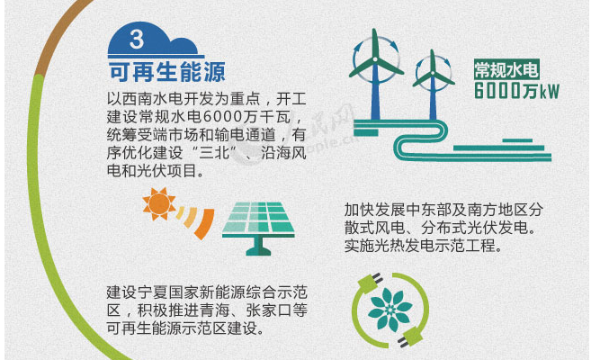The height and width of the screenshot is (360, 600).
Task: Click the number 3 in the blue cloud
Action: [137, 39]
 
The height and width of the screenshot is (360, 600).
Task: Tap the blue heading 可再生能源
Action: [166, 71]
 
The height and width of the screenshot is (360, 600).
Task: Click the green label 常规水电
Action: [506, 69]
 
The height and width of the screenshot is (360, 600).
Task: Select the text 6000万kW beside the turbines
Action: [516, 91]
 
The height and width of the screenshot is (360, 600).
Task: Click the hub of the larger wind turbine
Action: [375, 59]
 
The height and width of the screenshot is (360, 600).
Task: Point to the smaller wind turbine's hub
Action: [433, 73]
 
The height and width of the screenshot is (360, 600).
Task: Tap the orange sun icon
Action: [159, 203]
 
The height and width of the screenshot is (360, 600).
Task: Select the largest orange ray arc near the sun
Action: [205, 224]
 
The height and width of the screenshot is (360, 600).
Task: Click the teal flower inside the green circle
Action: [390, 310]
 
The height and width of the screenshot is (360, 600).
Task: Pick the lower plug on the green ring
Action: [410, 337]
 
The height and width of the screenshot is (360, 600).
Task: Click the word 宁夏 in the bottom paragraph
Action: [145, 293]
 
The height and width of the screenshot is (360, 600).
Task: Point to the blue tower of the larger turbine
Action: [375, 91]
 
